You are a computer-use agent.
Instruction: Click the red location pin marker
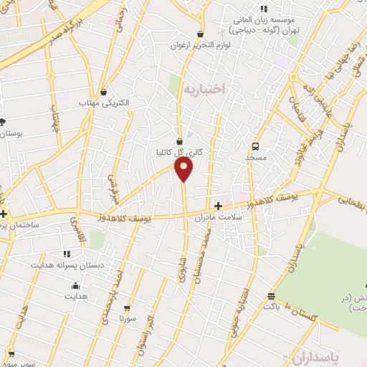point(184,169)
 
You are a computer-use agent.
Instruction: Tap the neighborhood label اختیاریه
point(204,89)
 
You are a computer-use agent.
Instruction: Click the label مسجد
point(256,156)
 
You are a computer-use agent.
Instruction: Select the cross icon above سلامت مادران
point(218,206)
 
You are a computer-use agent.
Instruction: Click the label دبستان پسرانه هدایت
point(67,265)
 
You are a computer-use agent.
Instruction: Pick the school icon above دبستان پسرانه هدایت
point(67,254)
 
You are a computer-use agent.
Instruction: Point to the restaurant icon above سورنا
point(128,306)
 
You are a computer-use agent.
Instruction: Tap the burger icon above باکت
point(271,296)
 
